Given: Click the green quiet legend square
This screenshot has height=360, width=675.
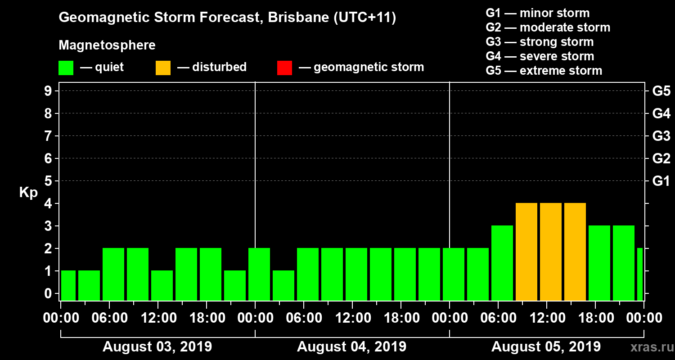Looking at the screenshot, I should pos(66,67).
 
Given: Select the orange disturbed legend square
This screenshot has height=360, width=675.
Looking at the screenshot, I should pos(163,67).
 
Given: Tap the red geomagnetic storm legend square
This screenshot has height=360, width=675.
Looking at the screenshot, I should pos(284,67).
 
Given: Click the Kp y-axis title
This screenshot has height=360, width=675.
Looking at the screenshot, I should pos(28,193).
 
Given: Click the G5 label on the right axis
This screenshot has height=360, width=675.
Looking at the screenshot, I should pos(661,91).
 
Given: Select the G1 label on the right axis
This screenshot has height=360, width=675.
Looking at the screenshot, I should pos(661,181).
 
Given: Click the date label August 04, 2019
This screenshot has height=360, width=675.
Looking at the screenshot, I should pos(351,347).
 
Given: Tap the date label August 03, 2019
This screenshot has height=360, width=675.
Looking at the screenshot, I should pos(157,347).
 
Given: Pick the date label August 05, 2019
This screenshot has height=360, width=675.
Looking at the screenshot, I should pos(546,347).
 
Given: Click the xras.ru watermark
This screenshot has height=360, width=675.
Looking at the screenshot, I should pos(648,347).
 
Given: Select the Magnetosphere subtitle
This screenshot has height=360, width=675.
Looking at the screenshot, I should pos(107,45).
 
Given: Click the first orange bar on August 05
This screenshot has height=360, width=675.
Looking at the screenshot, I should pos(526,252).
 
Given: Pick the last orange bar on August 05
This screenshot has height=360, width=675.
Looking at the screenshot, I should pos(575,252).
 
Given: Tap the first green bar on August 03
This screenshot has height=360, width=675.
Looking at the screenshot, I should pos(68,285).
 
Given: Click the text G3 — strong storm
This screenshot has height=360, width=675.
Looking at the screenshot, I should pos(540,42).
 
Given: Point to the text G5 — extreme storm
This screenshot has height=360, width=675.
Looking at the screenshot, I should pos(544,71).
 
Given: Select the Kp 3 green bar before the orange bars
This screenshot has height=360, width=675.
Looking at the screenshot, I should pos(502,263).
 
